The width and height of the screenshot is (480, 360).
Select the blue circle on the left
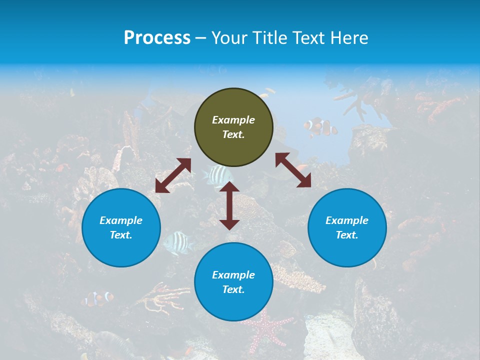click(x=121, y=227)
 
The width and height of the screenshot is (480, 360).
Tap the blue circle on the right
click(x=347, y=227)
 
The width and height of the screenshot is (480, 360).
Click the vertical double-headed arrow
click(x=229, y=205)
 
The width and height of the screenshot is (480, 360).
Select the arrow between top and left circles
click(x=173, y=175)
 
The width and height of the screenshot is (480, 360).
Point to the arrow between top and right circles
click(x=293, y=170)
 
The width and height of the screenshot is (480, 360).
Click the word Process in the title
click(x=157, y=38)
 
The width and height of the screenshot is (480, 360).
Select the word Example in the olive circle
click(x=233, y=120)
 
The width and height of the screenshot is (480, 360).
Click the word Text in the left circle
click(x=121, y=235)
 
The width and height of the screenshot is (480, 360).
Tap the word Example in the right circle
click(x=347, y=220)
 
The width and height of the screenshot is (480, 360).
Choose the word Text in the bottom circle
click(x=233, y=289)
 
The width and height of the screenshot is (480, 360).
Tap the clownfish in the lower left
click(x=98, y=298)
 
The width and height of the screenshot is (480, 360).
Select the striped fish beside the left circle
click(x=178, y=242)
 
